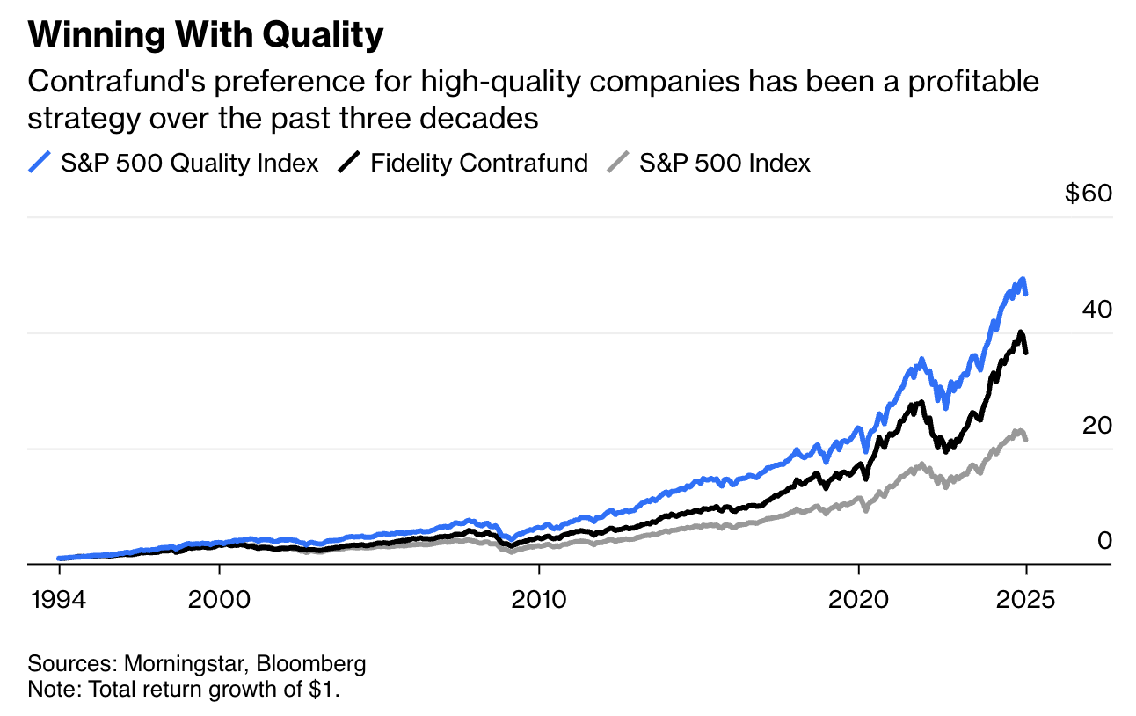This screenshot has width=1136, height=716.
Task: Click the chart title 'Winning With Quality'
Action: [206, 36]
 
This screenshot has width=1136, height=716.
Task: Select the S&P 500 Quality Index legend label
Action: [189, 163]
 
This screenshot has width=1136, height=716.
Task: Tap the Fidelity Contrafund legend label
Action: [479, 163]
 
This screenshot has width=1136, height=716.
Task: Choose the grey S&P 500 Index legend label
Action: [725, 163]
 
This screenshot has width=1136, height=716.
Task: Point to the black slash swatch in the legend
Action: [349, 163]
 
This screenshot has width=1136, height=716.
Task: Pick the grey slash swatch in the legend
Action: [618, 163]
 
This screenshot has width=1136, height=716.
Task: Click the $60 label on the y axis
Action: [1088, 193]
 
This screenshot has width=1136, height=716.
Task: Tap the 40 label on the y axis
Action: [1097, 309]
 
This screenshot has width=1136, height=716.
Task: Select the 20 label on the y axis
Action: [1097, 425]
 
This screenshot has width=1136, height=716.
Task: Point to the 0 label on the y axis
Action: [1104, 540]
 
